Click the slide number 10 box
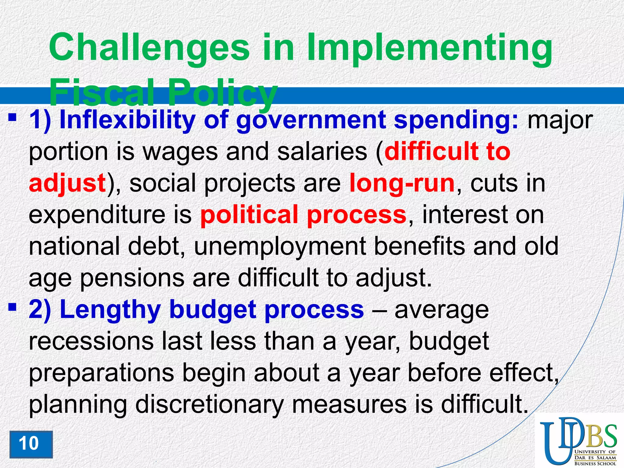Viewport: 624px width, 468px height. pyautogui.click(x=31, y=444)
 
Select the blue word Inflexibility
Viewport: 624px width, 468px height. pyautogui.click(x=127, y=120)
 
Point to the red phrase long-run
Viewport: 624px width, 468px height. pyautogui.click(x=402, y=183)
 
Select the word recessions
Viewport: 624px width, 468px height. pyautogui.click(x=91, y=341)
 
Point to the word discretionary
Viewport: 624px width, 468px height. pyautogui.click(x=209, y=405)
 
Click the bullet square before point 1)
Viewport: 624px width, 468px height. pyautogui.click(x=12, y=117)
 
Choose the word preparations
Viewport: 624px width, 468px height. pyautogui.click(x=101, y=373)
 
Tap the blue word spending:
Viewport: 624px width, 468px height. pyautogui.click(x=456, y=120)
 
